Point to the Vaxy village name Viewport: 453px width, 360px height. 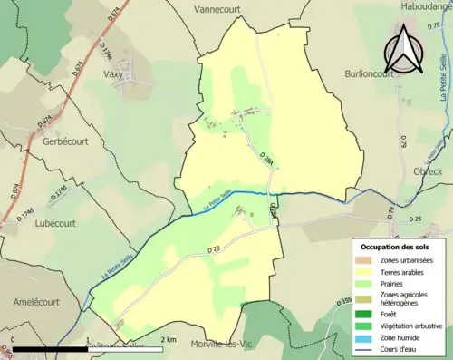(x=114, y=74)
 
